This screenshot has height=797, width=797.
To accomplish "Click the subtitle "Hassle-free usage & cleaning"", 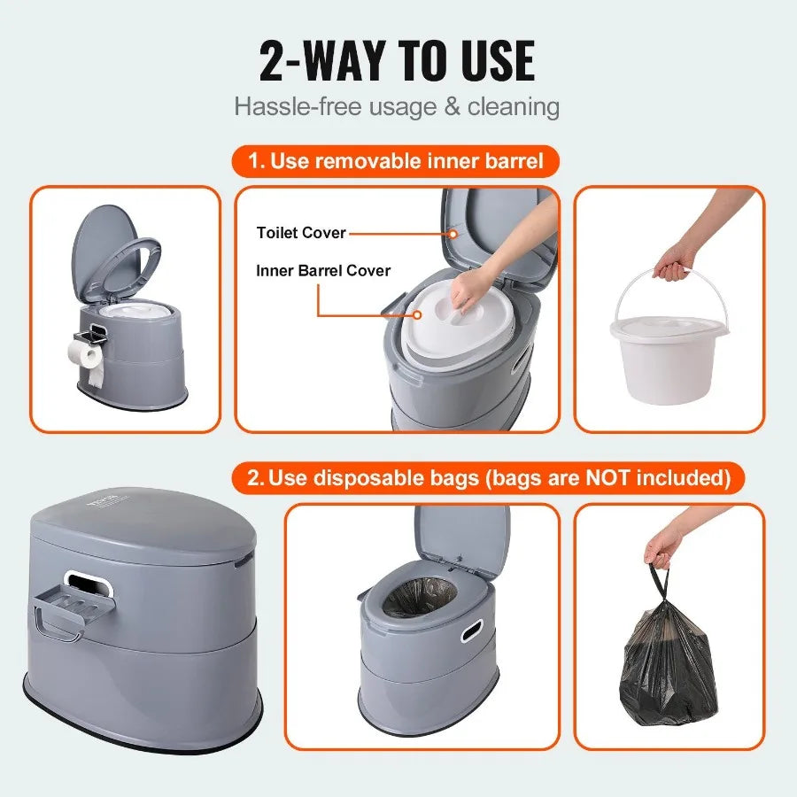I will click(397, 107).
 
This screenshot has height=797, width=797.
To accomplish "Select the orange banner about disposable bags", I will click(489, 478).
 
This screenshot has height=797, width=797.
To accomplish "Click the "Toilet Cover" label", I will click(301, 233).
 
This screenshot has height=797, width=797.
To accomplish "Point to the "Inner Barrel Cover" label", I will click(323, 271).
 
